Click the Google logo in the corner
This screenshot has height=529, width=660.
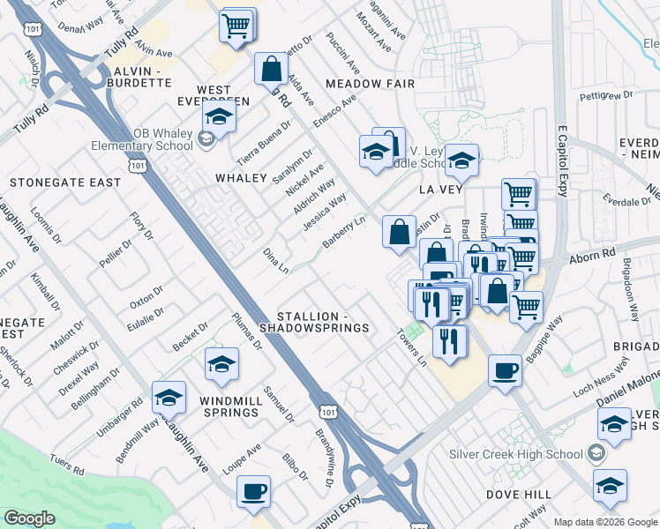point(29,518)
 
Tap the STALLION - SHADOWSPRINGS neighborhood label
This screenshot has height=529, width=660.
point(321,322)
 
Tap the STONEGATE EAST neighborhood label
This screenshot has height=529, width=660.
point(64,183)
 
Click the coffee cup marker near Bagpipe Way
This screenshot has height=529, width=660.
point(505,370)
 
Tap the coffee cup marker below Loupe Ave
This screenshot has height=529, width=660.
point(254,492)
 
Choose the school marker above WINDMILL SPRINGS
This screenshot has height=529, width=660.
point(221,363)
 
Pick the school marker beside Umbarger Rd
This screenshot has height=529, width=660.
point(169,398)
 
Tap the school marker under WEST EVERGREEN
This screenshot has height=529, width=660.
point(219,115)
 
